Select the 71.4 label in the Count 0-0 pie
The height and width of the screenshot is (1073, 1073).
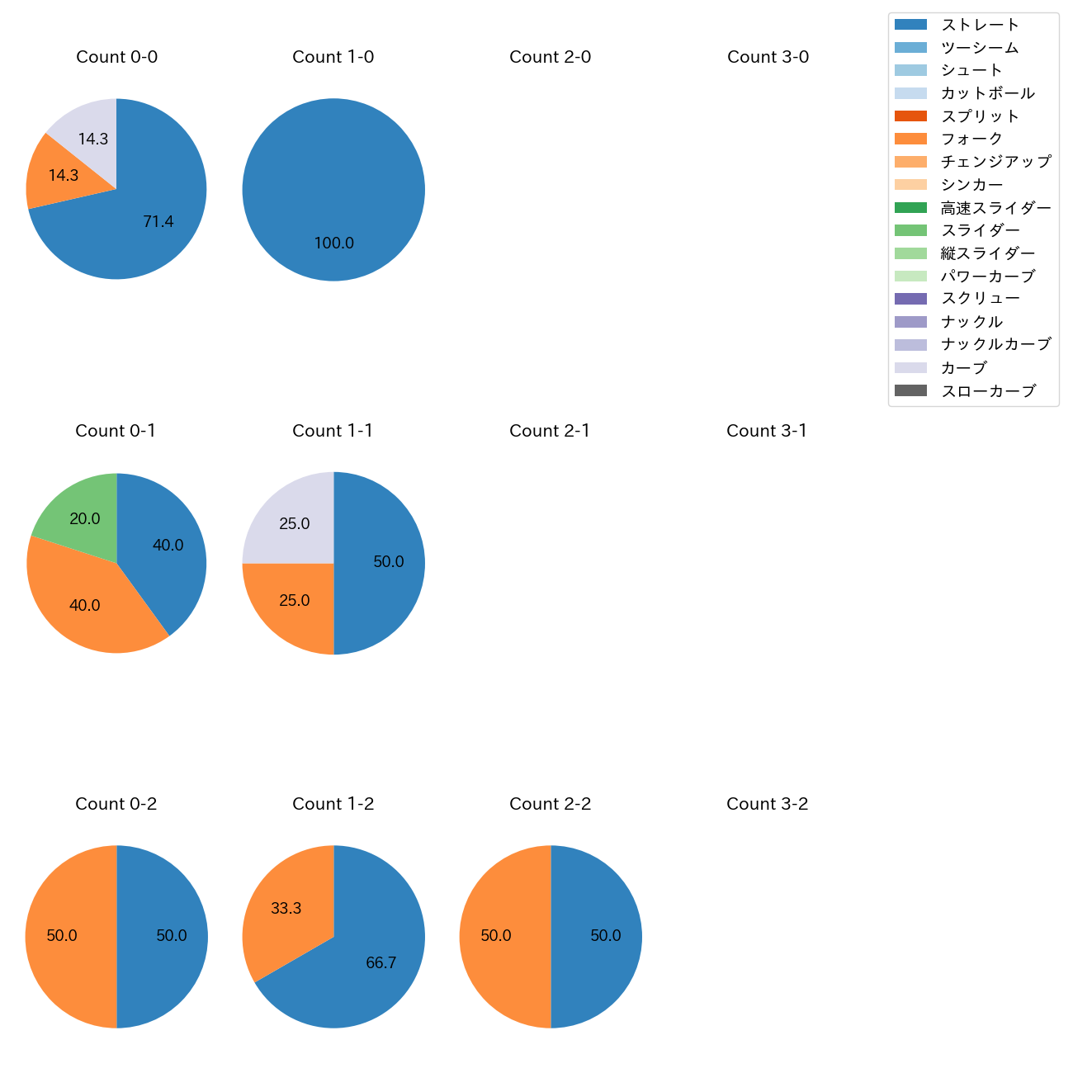tap(158, 221)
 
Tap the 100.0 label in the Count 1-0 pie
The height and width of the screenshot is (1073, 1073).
tap(334, 243)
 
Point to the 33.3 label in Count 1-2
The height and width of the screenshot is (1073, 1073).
tap(286, 908)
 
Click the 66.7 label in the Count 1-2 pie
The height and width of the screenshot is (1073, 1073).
tap(381, 962)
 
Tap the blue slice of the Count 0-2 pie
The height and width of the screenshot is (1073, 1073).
tap(165, 936)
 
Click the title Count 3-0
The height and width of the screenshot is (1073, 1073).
tap(768, 57)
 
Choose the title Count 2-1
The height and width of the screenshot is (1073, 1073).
tap(550, 431)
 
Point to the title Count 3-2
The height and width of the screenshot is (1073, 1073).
tap(767, 804)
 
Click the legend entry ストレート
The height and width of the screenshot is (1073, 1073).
tap(980, 25)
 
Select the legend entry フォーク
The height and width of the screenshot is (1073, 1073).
tap(971, 139)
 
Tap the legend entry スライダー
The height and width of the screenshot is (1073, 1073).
tap(980, 230)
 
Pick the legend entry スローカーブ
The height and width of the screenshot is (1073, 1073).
tap(987, 390)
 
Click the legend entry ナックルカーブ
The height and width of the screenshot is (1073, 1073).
tap(995, 344)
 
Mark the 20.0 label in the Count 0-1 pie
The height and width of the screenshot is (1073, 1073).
tap(85, 518)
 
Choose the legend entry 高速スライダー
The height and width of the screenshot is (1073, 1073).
tap(995, 207)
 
